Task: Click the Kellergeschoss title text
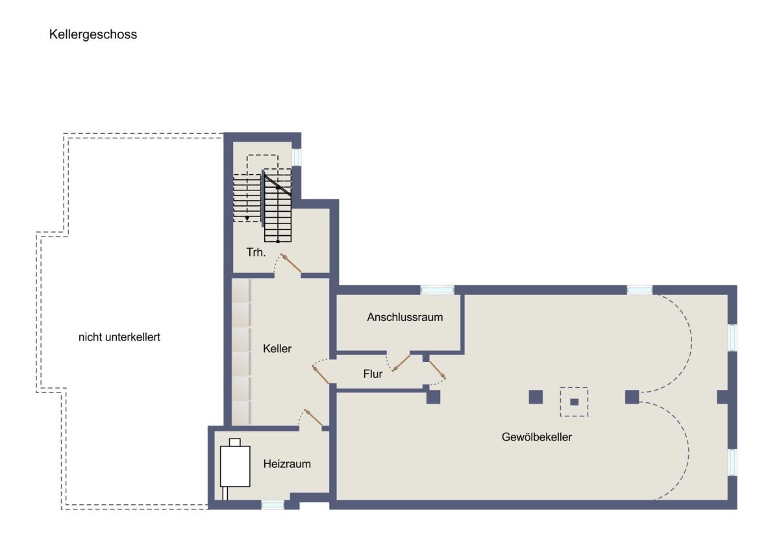[x=93, y=34]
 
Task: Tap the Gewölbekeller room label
[x=537, y=437]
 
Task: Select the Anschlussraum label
[x=405, y=317]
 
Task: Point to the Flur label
[x=373, y=374]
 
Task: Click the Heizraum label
[x=287, y=464]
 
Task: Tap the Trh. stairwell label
[x=256, y=252]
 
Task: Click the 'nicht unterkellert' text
[x=119, y=337]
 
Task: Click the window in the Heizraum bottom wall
[x=273, y=504]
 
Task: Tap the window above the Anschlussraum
[x=437, y=290]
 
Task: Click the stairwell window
[x=296, y=157]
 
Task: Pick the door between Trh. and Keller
[x=291, y=263]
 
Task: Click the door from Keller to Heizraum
[x=314, y=418]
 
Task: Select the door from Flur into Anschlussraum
[x=401, y=363]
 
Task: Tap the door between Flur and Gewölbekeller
[x=437, y=370]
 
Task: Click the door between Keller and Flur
[x=321, y=375]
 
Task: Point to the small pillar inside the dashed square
[x=574, y=402]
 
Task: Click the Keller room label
[x=277, y=348]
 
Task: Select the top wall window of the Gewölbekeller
[x=639, y=290]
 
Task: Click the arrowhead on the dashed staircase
[x=247, y=218]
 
